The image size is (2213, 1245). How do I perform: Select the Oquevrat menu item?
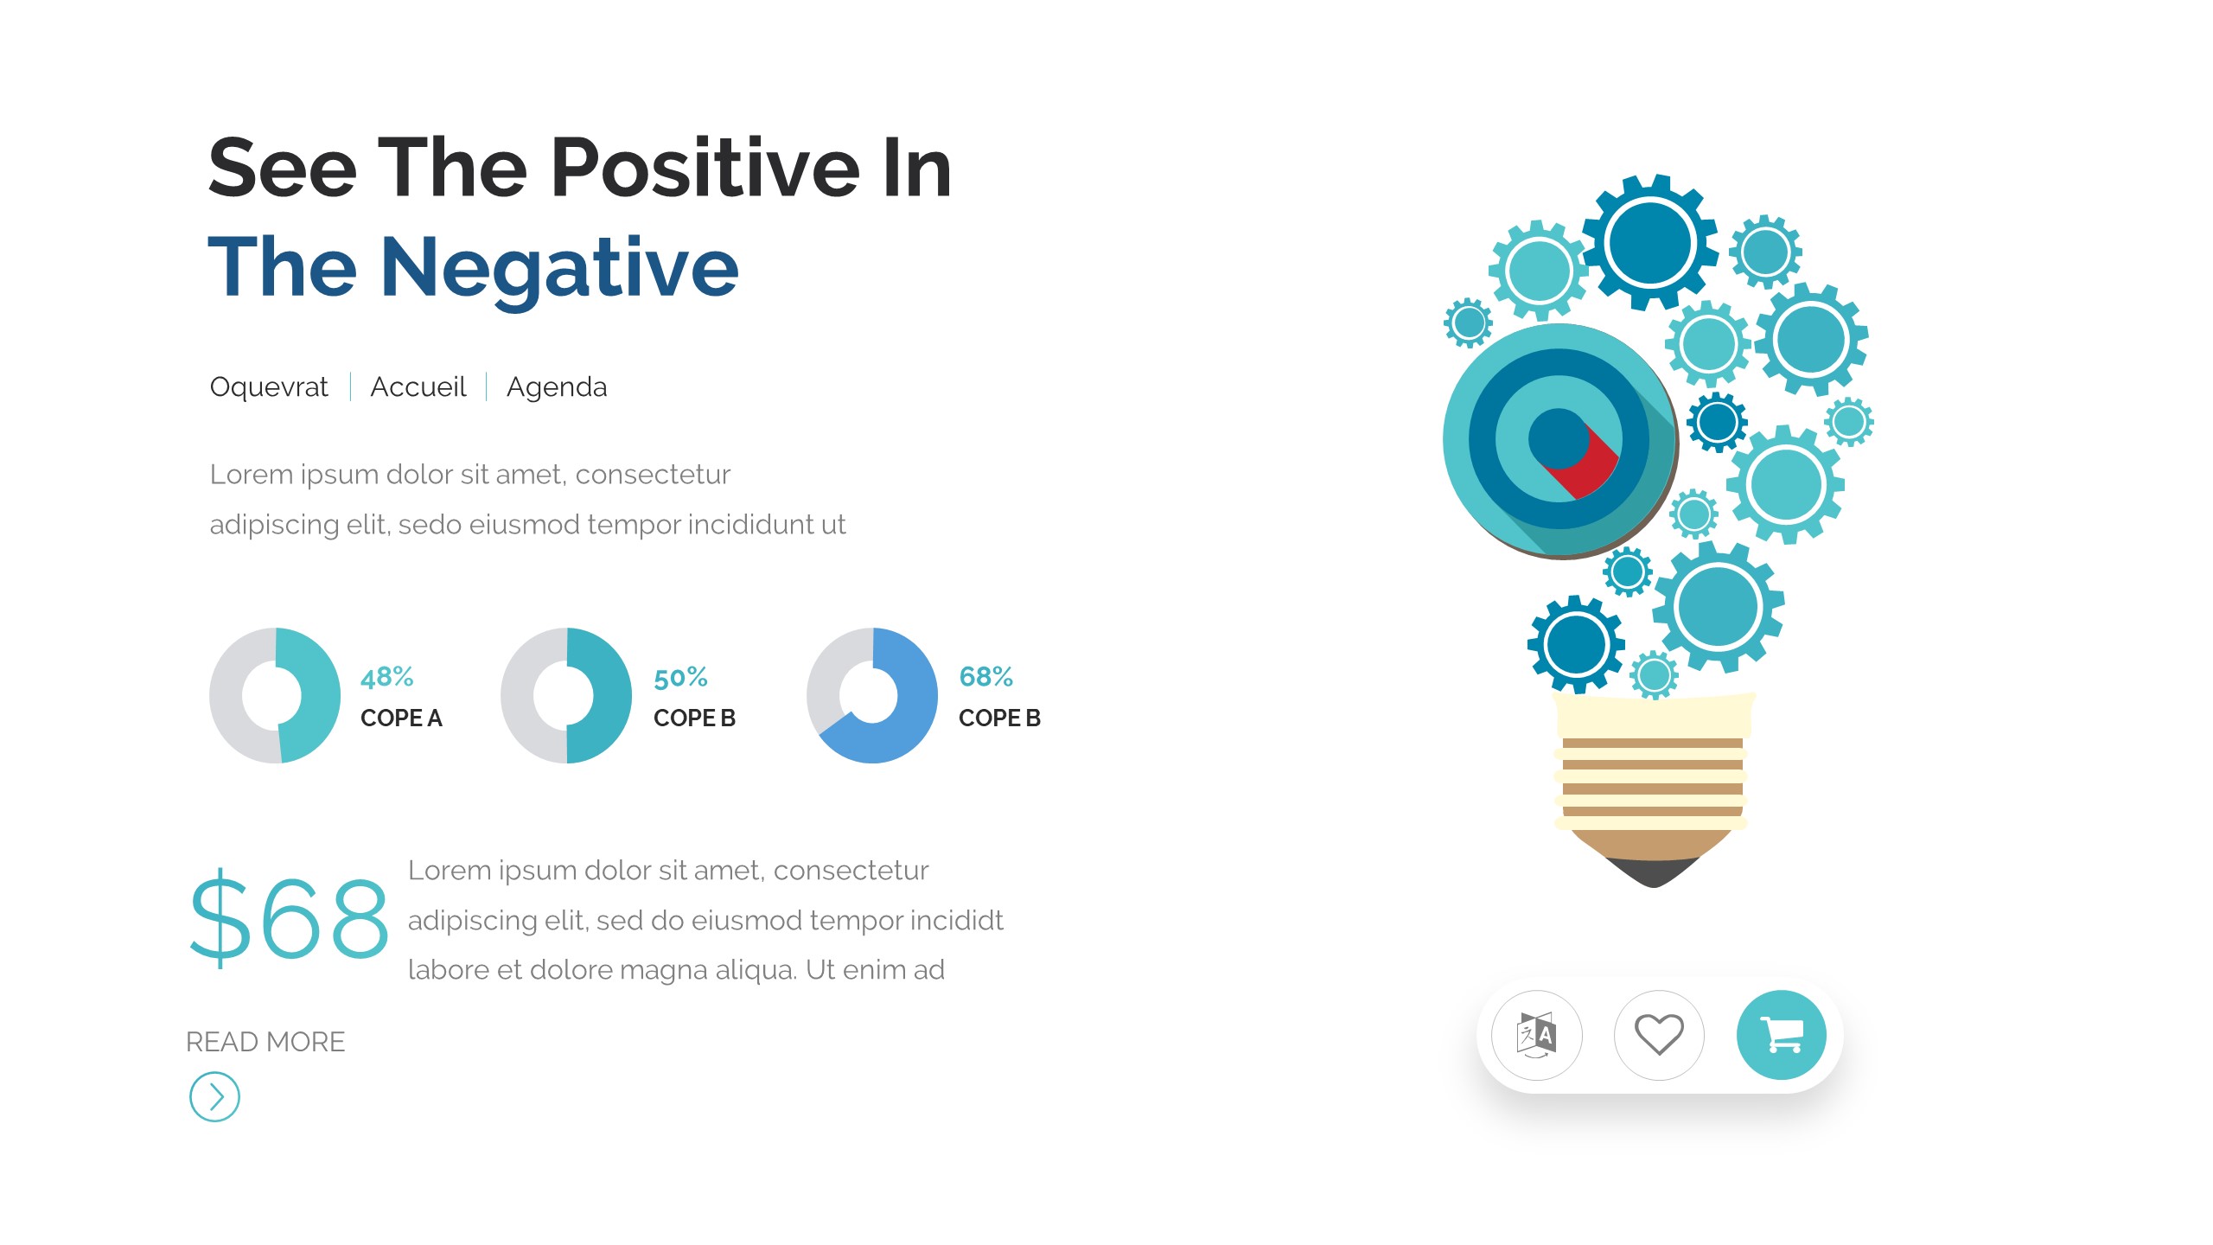click(269, 387)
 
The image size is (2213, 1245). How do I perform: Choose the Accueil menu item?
click(418, 386)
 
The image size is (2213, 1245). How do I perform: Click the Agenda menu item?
click(557, 388)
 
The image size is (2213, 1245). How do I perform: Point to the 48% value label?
click(386, 677)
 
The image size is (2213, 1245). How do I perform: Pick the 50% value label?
click(680, 678)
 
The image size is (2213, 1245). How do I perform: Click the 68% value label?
click(985, 677)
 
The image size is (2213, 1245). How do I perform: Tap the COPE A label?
click(401, 718)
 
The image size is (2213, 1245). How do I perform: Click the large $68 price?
click(289, 918)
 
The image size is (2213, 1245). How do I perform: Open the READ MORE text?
click(265, 1043)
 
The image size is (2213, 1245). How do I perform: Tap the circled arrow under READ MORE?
click(214, 1097)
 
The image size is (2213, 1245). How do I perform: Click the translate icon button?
click(1537, 1035)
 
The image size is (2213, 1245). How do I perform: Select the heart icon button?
click(1659, 1035)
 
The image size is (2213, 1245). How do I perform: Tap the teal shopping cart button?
click(1782, 1035)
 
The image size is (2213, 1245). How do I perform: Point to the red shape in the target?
click(1586, 468)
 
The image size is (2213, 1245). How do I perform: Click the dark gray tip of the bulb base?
click(1653, 871)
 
